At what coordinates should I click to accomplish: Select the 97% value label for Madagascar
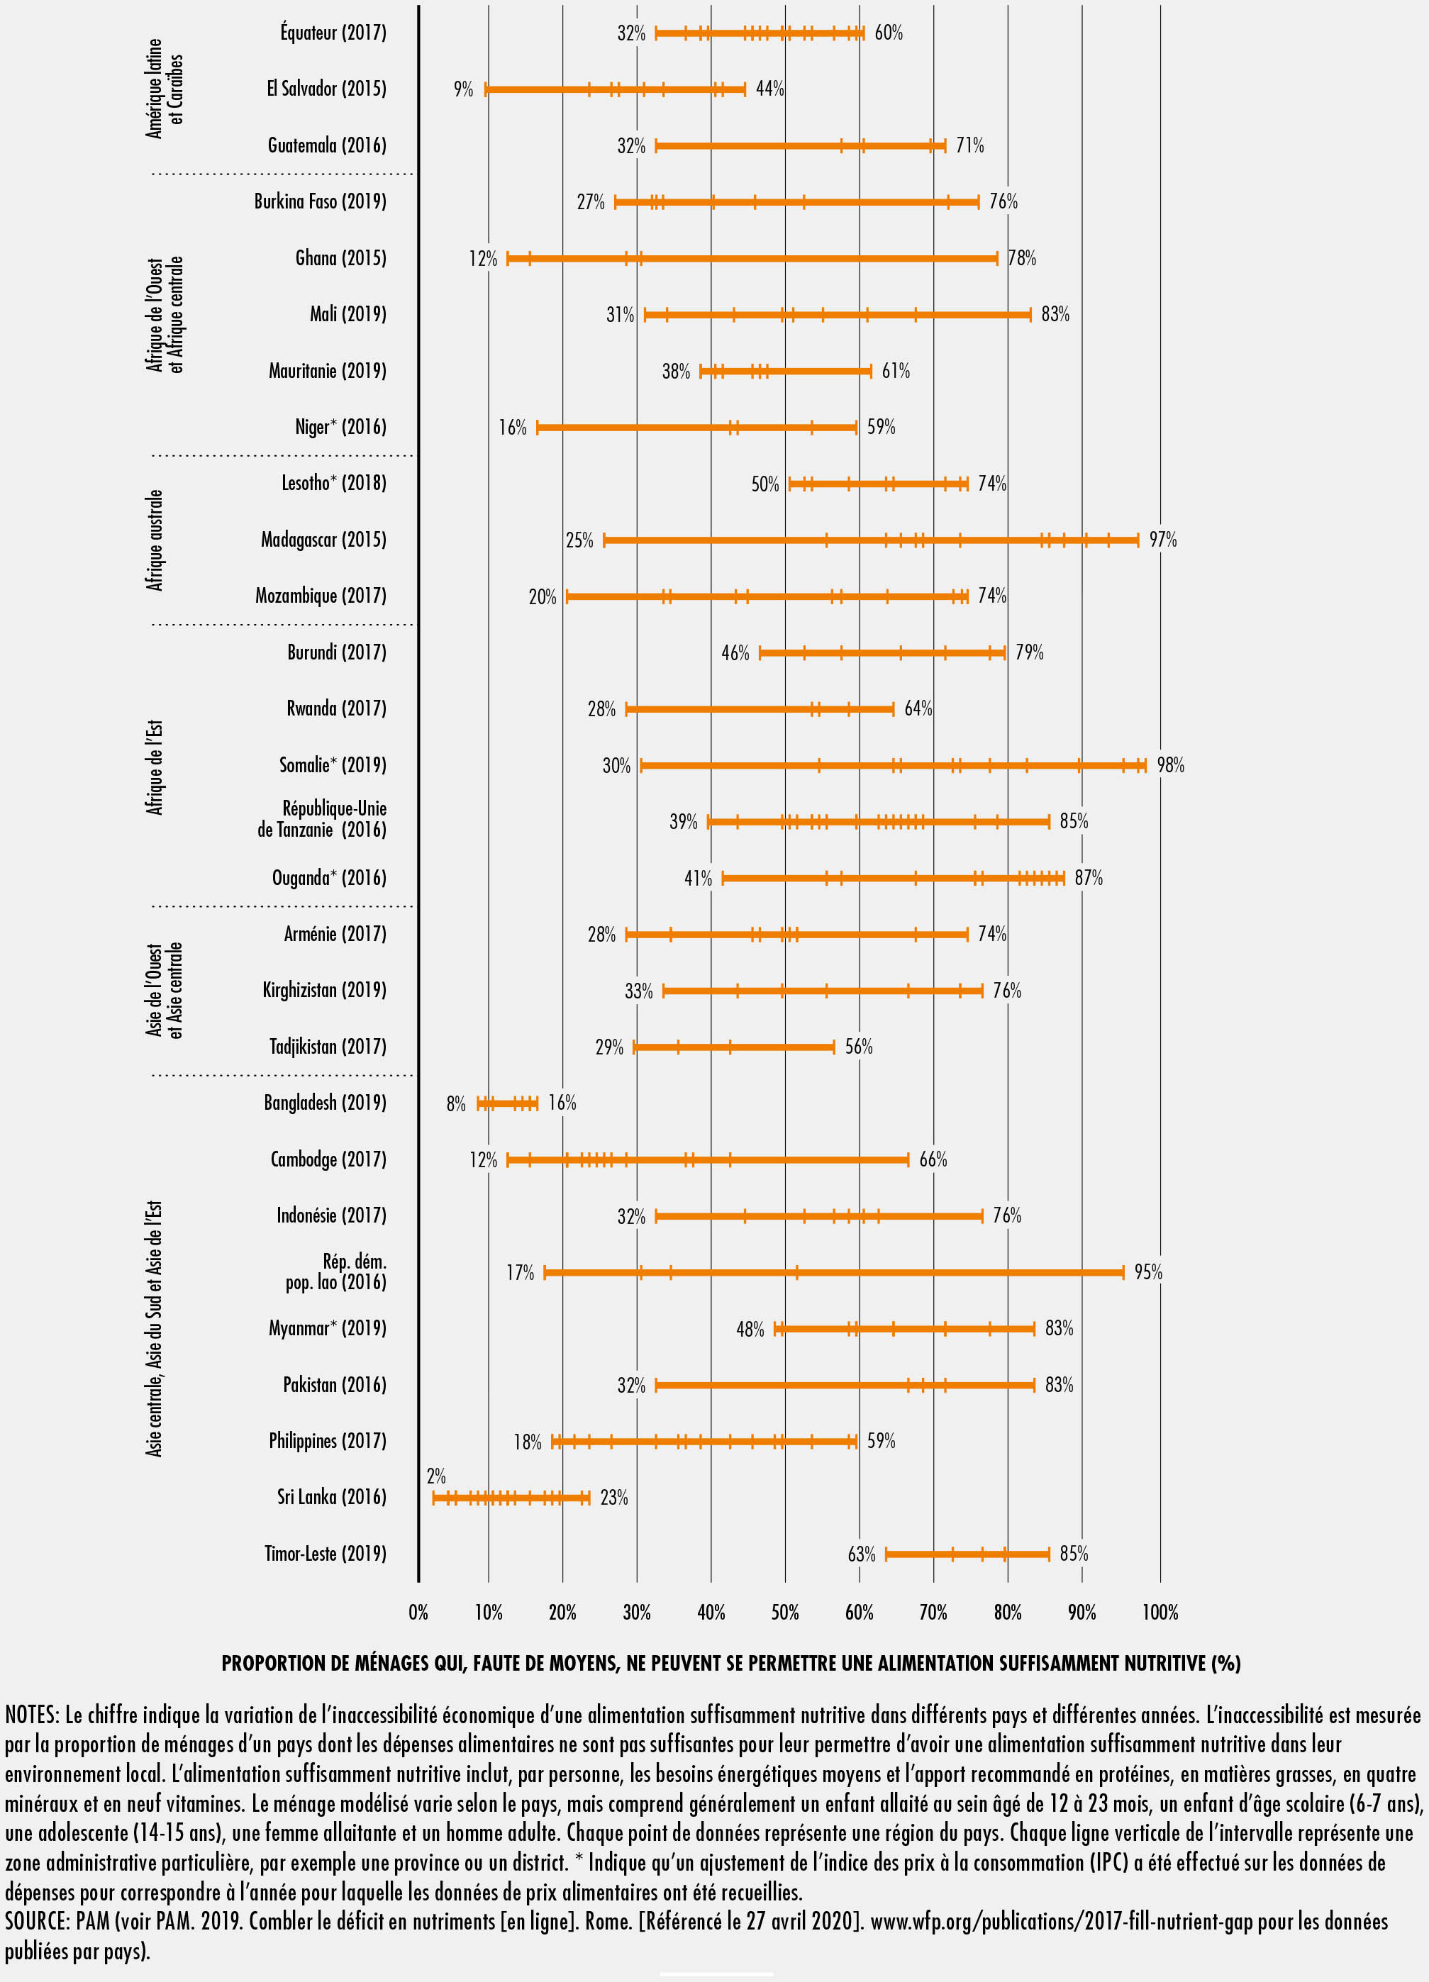1162,540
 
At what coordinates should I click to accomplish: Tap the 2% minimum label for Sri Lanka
436,1476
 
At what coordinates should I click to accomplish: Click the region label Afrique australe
155,540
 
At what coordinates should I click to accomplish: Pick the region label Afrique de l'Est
155,767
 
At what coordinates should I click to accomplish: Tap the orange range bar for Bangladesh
507,1103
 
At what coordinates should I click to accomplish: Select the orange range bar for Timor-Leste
967,1554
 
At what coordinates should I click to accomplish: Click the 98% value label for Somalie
1170,766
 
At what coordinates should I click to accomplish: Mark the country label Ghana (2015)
340,258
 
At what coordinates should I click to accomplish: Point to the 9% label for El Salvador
462,89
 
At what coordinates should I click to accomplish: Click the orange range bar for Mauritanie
785,372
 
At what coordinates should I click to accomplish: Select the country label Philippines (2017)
327,1440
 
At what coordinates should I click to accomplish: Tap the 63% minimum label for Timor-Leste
861,1554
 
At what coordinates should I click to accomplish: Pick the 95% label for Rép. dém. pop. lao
1147,1272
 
